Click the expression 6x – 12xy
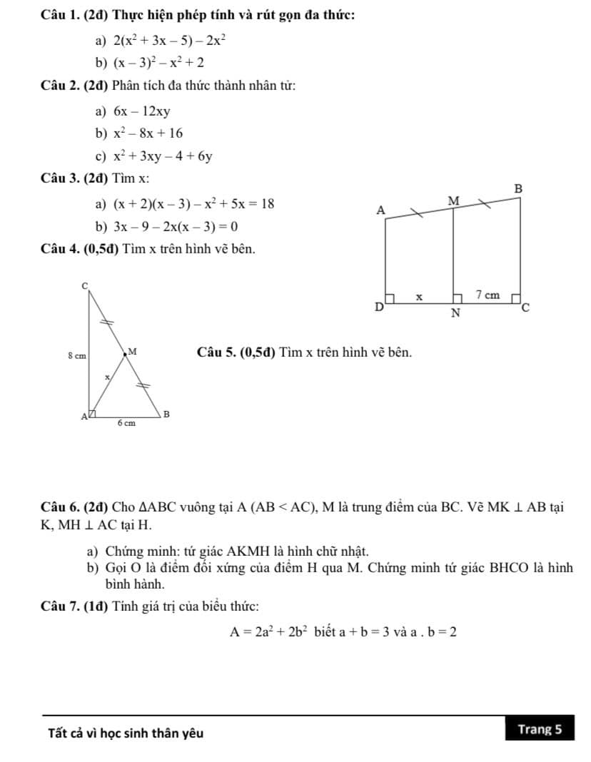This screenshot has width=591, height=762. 143,111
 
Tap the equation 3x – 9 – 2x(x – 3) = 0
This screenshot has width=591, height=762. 176,227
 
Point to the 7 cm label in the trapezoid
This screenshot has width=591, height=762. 488,295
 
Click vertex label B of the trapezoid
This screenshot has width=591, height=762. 519,189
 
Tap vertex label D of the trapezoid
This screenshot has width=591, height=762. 379,308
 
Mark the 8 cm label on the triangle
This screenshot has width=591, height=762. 76,355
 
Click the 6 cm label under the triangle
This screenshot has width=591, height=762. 127,422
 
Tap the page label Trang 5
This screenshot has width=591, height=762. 540,729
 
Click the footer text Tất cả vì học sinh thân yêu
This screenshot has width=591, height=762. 125,733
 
